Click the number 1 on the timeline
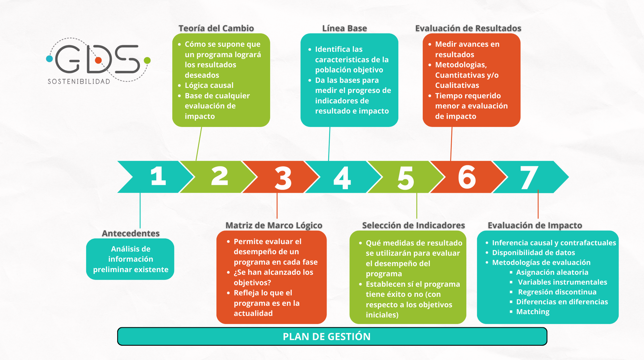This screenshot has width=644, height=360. click(158, 176)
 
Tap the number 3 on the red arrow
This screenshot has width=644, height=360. click(283, 178)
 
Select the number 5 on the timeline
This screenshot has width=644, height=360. click(406, 178)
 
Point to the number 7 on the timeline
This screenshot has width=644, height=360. click(529, 178)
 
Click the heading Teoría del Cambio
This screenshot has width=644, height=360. click(216, 28)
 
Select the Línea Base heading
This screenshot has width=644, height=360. click(345, 28)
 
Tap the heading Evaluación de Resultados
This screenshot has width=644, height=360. click(468, 28)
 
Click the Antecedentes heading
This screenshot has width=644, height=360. click(131, 233)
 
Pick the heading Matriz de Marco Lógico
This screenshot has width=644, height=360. click(274, 225)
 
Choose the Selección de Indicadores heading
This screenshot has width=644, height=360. click(413, 225)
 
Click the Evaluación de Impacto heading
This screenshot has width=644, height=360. click(535, 225)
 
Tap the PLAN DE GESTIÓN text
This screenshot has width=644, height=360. click(327, 336)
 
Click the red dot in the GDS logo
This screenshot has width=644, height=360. click(98, 60)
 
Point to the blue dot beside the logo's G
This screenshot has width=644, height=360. click(50, 59)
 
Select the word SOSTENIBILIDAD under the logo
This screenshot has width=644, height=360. click(79, 81)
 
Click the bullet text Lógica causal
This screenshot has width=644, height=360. click(209, 85)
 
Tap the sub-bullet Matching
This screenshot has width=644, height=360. click(533, 312)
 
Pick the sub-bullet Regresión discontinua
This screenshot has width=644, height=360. click(557, 292)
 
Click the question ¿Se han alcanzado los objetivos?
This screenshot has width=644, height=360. click(274, 277)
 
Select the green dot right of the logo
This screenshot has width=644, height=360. click(147, 61)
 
